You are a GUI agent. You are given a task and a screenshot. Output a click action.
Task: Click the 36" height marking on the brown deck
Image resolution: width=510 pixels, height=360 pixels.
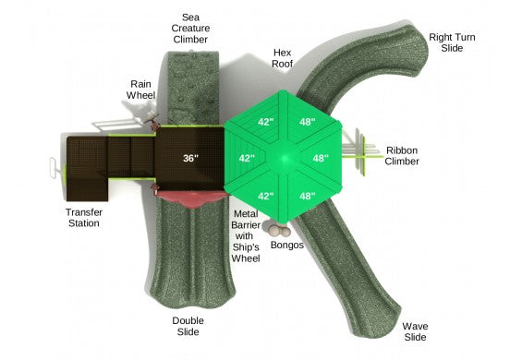click(190, 158)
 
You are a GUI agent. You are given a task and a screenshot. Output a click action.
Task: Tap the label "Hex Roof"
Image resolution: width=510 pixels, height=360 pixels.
click(283, 58)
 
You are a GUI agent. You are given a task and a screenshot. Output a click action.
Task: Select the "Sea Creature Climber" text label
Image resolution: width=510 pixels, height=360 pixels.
click(190, 29)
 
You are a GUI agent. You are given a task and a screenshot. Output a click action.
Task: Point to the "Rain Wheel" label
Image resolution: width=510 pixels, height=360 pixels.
click(140, 90)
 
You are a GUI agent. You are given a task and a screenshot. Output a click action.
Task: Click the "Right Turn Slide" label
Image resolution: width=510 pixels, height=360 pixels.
click(452, 42)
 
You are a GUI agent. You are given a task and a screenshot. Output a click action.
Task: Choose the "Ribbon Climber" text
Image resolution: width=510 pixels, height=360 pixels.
click(402, 156)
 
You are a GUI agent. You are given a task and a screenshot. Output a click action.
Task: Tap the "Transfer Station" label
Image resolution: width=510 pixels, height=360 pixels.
click(84, 218)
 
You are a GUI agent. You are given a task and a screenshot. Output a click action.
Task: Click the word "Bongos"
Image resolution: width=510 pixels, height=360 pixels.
click(286, 245)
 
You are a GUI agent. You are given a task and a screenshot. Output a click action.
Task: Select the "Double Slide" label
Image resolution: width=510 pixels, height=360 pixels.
click(188, 326)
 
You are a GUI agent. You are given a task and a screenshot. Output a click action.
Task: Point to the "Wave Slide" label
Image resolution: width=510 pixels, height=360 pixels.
click(415, 331)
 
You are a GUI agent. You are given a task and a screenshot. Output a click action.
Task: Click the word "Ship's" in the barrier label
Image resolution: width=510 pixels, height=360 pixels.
click(246, 247)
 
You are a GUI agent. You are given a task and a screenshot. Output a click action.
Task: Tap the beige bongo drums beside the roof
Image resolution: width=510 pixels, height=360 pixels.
click(279, 231)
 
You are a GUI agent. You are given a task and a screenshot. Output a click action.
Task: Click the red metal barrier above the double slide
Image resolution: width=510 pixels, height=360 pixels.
click(192, 198)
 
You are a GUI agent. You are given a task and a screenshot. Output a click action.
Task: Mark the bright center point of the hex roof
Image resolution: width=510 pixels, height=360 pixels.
click(285, 159)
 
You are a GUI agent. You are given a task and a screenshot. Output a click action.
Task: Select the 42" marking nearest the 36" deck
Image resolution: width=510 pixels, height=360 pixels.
click(247, 158)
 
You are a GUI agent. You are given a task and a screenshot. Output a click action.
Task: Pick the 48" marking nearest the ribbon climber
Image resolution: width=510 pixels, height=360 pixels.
click(321, 158)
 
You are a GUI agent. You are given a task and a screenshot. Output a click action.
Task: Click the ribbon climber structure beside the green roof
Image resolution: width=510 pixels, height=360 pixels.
click(361, 152)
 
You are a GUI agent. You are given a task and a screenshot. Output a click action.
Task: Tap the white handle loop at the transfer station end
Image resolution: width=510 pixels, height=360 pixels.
click(54, 168)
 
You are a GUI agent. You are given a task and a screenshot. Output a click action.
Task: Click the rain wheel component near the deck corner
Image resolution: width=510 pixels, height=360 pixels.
click(152, 117)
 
